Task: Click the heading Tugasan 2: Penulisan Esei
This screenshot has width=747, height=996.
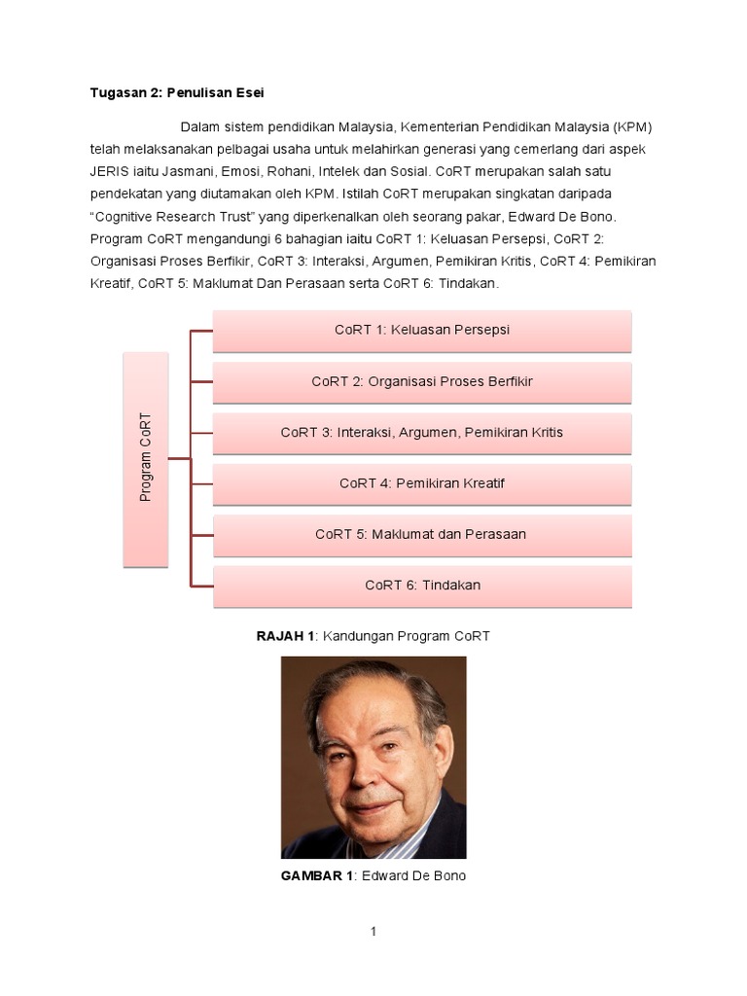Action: click(x=177, y=92)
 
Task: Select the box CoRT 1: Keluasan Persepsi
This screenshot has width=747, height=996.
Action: click(x=422, y=331)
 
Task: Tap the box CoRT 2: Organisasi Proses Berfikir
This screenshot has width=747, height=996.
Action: click(x=422, y=381)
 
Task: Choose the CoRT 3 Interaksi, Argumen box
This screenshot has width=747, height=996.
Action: click(x=422, y=433)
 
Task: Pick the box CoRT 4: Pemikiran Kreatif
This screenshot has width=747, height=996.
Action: click(x=422, y=483)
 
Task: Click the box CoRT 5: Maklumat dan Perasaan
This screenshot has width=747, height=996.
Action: click(x=422, y=534)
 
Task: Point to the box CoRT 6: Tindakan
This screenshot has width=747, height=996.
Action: click(x=422, y=586)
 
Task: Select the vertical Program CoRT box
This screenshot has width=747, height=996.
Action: click(x=146, y=458)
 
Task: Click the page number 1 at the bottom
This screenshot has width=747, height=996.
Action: click(x=373, y=932)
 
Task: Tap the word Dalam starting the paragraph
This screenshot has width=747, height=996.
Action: click(x=200, y=127)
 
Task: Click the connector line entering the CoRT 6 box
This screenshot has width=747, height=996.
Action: click(x=201, y=586)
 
